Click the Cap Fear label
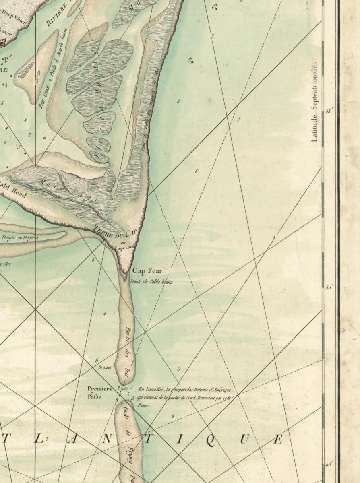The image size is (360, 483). click(x=147, y=271)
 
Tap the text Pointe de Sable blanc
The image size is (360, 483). click(x=151, y=282)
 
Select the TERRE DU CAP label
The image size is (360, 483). click(x=116, y=232)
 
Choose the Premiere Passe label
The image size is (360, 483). click(x=100, y=392)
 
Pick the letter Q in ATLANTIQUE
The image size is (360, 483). click(x=210, y=440)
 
